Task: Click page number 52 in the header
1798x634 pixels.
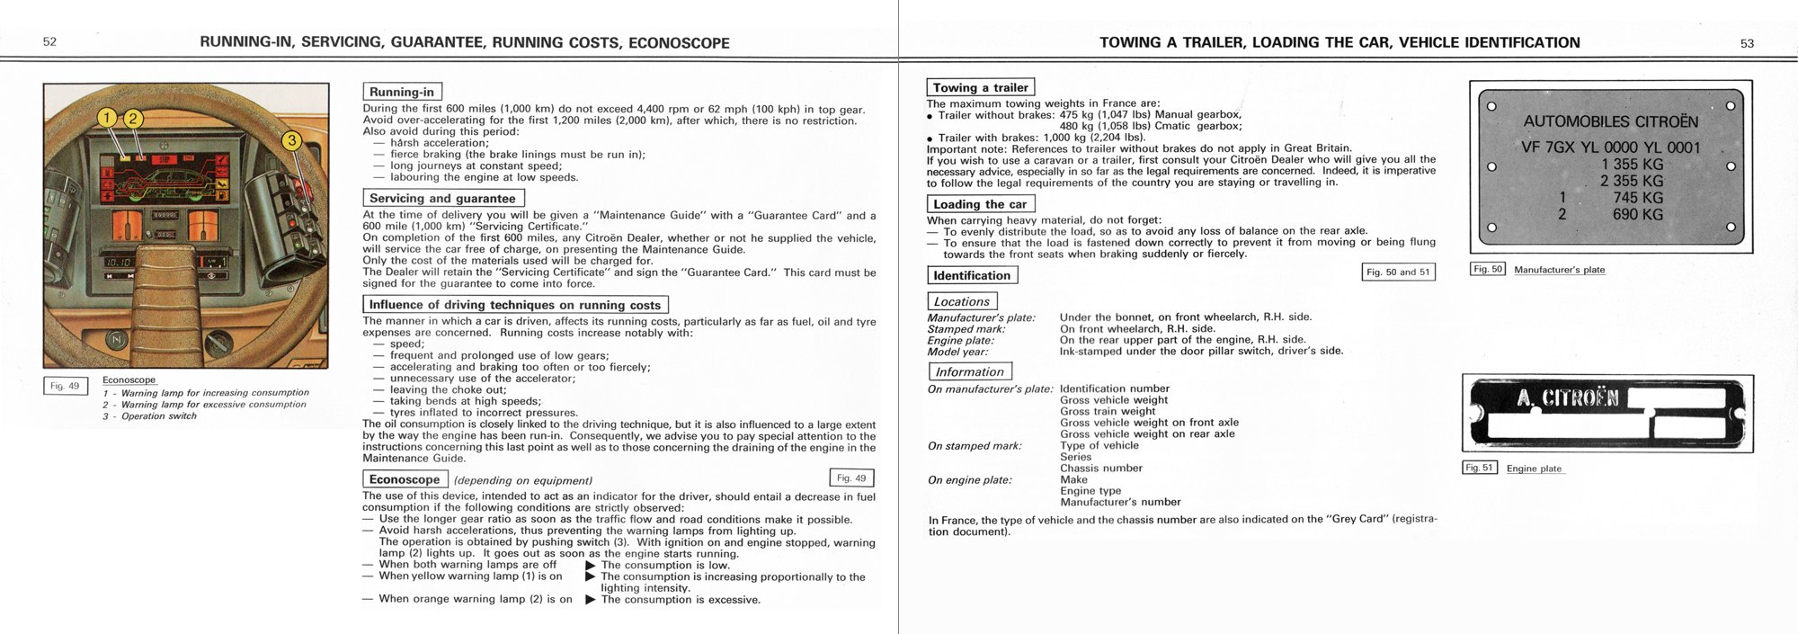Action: coord(50,42)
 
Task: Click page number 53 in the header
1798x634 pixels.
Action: coord(1747,43)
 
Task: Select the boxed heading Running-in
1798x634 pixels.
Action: coord(402,92)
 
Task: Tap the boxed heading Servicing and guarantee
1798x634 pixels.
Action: coord(442,198)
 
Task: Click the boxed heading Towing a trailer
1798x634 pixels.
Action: coord(980,87)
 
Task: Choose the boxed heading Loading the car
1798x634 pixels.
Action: coord(980,204)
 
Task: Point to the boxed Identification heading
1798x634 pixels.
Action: coord(972,275)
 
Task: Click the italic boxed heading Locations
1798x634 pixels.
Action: coord(961,301)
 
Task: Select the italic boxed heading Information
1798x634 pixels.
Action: coord(969,371)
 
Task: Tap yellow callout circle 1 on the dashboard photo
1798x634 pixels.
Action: coord(107,118)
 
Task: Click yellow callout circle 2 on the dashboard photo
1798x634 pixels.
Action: coord(133,118)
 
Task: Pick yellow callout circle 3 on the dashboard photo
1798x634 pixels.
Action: coord(291,140)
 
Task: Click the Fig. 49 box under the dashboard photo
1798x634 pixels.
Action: coord(65,386)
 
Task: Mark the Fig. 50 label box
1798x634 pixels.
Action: coord(1487,269)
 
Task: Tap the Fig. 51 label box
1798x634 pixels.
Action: coord(1479,468)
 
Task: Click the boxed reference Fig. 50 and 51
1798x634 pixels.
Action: coord(1398,272)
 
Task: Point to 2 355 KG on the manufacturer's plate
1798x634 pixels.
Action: coord(1632,181)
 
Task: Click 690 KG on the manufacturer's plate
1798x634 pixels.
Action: coord(1638,214)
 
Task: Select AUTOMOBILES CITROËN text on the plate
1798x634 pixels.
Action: coord(1610,121)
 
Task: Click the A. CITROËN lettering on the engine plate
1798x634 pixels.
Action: coord(1567,398)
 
